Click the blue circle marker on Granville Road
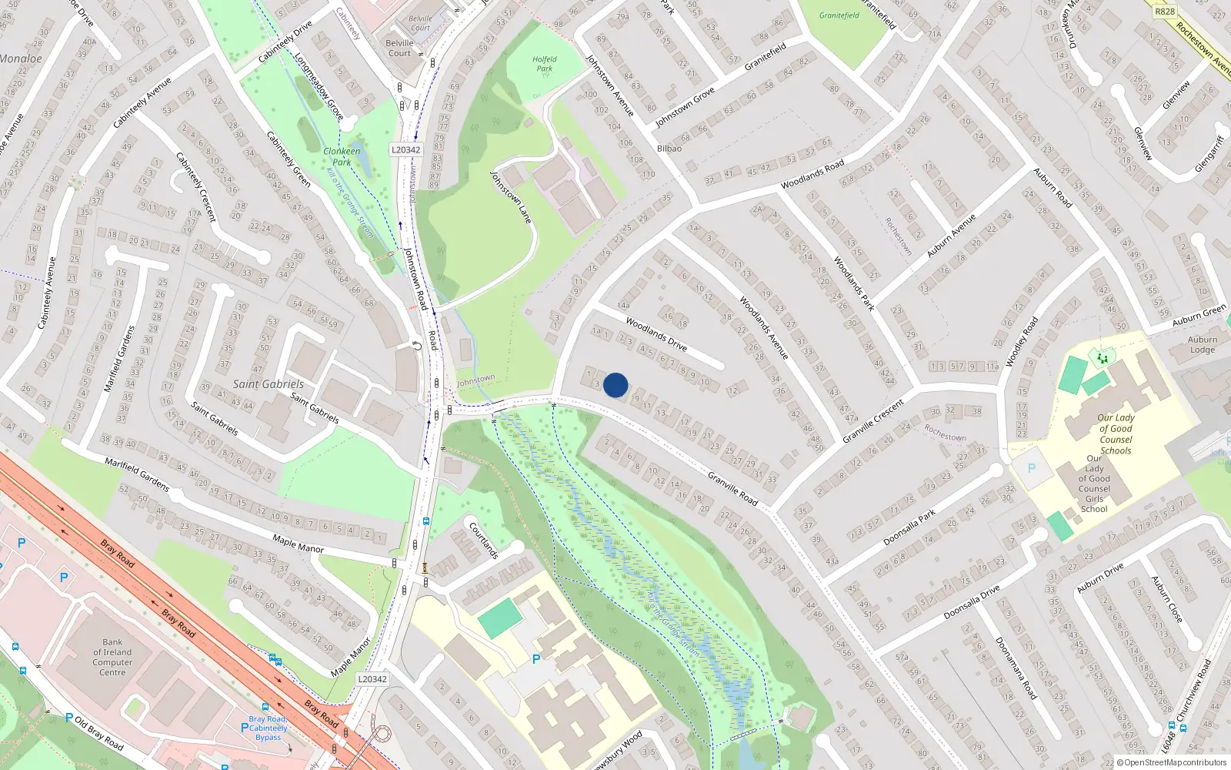pos(615,385)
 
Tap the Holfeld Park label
pos(544,64)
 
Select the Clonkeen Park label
pos(342,156)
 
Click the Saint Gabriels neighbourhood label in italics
pos(268,384)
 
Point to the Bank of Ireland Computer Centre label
pos(112,657)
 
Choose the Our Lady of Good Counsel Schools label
pos(1116,434)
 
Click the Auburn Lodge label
pos(1203,344)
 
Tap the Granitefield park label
pos(839,15)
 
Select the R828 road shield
pos(1165,11)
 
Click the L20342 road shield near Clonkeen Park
pos(405,150)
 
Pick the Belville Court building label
pos(399,49)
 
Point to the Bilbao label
pos(669,149)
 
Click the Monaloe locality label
pos(21,59)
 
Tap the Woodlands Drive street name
pos(656,333)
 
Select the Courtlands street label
pos(484,540)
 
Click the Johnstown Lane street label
pos(511,197)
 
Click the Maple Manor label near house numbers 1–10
pos(299,544)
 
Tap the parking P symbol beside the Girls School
pos(1031,468)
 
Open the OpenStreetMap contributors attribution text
pos(1171,763)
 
